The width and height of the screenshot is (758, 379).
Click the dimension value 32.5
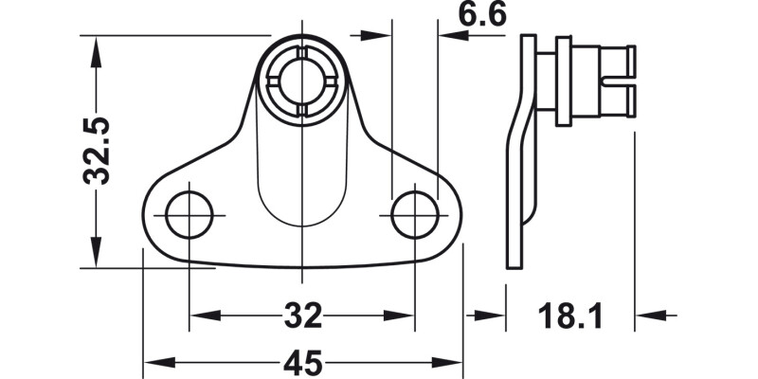[98, 150]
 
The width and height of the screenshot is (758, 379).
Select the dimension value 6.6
[482, 15]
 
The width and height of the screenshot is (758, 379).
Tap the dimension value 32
[302, 315]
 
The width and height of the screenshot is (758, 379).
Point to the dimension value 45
[302, 363]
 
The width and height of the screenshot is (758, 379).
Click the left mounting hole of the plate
[189, 215]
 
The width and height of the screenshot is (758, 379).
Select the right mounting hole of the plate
[414, 215]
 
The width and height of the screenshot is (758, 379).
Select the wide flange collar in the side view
[564, 81]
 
